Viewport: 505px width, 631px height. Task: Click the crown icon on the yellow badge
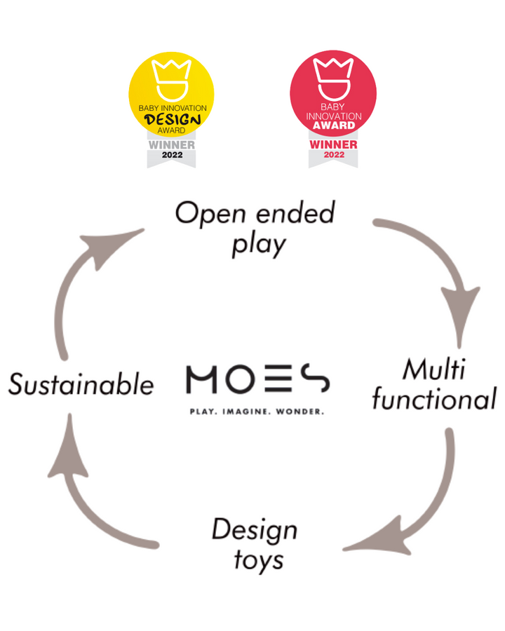point(170,80)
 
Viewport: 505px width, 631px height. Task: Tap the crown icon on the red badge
point(332,79)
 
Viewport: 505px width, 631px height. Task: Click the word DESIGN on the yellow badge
point(173,119)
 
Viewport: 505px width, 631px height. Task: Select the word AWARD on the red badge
point(334,125)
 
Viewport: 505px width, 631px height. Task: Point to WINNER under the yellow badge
point(172,145)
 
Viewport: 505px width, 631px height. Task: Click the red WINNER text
point(333,144)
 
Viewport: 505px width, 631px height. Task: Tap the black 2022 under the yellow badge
point(172,155)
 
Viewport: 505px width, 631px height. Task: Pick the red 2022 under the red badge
point(334,154)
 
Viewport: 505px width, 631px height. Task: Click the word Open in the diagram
point(210,214)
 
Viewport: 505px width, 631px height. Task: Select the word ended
point(295,212)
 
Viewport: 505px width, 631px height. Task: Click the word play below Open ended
point(259,245)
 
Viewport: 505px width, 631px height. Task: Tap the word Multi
point(433,369)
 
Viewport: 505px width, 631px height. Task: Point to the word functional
point(434,398)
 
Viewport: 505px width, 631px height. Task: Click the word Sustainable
point(81,384)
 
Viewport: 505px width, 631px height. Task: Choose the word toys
point(259,560)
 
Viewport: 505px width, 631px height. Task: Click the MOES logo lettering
point(257,379)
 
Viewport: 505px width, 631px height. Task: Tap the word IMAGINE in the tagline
point(245,412)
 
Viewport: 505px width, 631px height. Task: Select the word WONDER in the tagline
point(300,412)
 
